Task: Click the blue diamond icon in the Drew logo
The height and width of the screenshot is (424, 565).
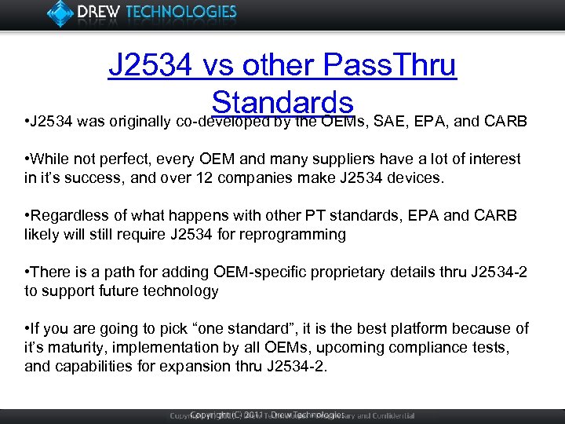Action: (60, 13)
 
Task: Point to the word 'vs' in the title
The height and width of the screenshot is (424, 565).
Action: (214, 66)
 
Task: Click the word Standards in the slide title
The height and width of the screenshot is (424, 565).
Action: (282, 103)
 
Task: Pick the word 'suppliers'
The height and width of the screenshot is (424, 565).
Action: (326, 159)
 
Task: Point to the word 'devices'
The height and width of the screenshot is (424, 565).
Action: (417, 178)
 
